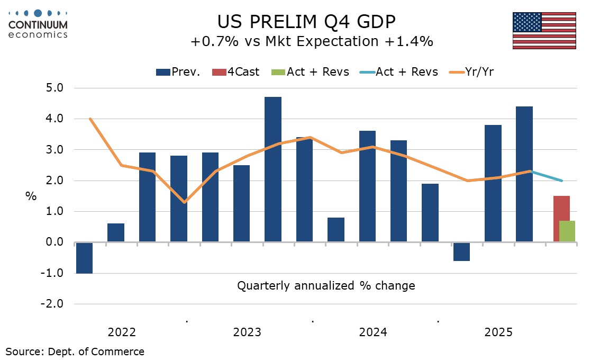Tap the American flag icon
pyautogui.click(x=544, y=30)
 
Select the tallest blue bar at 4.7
pyautogui.click(x=273, y=169)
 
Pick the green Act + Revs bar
pyautogui.click(x=567, y=231)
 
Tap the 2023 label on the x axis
pyautogui.click(x=247, y=332)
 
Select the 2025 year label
pyautogui.click(x=498, y=332)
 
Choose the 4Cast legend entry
pyautogui.click(x=236, y=72)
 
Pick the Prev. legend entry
pyautogui.click(x=178, y=72)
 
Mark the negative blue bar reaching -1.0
pyautogui.click(x=84, y=258)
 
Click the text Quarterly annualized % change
pyautogui.click(x=326, y=286)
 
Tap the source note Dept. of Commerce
pyautogui.click(x=75, y=351)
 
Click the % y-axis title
pyautogui.click(x=31, y=196)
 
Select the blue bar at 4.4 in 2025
pyautogui.click(x=524, y=174)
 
